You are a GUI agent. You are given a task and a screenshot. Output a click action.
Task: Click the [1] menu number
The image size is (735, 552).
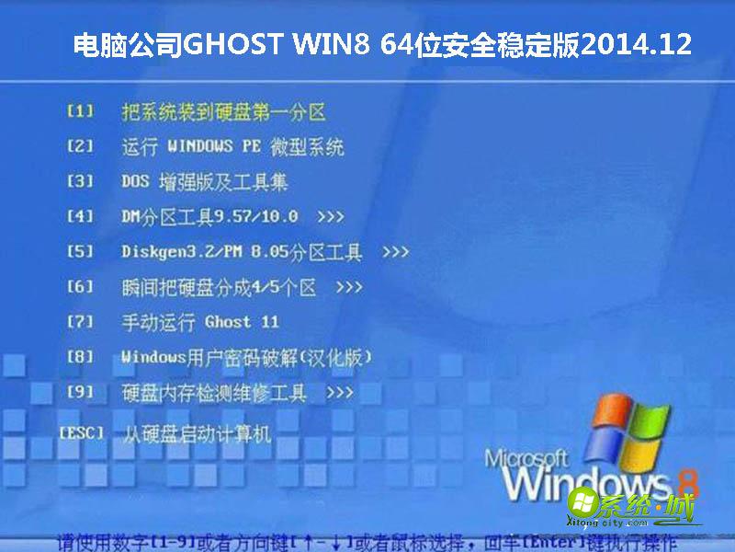coord(81,111)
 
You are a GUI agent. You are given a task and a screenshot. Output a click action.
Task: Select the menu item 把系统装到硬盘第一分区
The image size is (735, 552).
coord(223,112)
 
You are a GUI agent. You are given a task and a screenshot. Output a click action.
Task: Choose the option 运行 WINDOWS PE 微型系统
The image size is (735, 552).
coord(232,147)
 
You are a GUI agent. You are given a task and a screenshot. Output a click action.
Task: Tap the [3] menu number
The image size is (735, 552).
coord(81,181)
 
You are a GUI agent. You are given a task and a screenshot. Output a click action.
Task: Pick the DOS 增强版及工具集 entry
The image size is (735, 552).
coord(205,182)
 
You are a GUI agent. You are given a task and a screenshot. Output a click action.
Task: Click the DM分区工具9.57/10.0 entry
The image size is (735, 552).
coord(209,217)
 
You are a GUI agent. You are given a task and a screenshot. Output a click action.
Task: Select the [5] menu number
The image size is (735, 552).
coord(81,251)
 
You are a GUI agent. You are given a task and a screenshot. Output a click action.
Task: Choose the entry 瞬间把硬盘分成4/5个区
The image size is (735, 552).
coord(219,287)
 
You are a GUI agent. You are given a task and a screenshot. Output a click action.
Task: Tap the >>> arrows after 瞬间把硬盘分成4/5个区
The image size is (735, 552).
coord(349,287)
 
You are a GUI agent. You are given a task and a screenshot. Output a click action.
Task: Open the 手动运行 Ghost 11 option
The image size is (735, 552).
coord(200,322)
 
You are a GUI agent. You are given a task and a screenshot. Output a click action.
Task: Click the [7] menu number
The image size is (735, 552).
coord(81,322)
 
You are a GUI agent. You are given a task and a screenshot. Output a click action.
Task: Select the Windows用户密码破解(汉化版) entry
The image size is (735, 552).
coord(246,357)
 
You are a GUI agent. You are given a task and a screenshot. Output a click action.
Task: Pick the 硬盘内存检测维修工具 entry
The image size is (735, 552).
coord(214,393)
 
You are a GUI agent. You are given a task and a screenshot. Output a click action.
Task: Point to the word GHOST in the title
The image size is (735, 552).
coord(243,44)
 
